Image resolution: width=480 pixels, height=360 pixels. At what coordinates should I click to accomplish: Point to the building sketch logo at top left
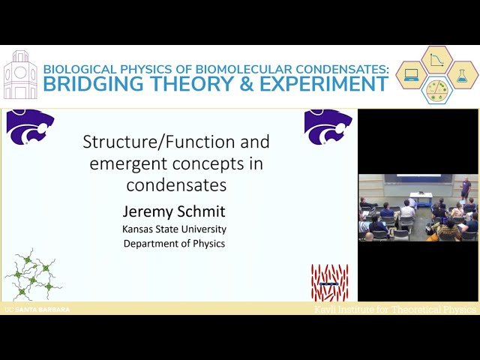tap(19, 75)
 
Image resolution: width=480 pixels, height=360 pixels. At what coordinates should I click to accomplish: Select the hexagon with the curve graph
tap(436, 60)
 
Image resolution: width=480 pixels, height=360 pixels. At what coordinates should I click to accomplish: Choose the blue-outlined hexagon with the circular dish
tap(436, 89)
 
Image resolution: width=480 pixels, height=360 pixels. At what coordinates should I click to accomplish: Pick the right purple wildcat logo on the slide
tap(328, 126)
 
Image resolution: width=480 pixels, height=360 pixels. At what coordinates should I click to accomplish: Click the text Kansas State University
tap(175, 229)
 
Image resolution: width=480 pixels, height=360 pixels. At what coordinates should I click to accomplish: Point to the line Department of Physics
tap(175, 243)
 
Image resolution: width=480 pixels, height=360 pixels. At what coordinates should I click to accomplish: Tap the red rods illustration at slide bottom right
tap(329, 282)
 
